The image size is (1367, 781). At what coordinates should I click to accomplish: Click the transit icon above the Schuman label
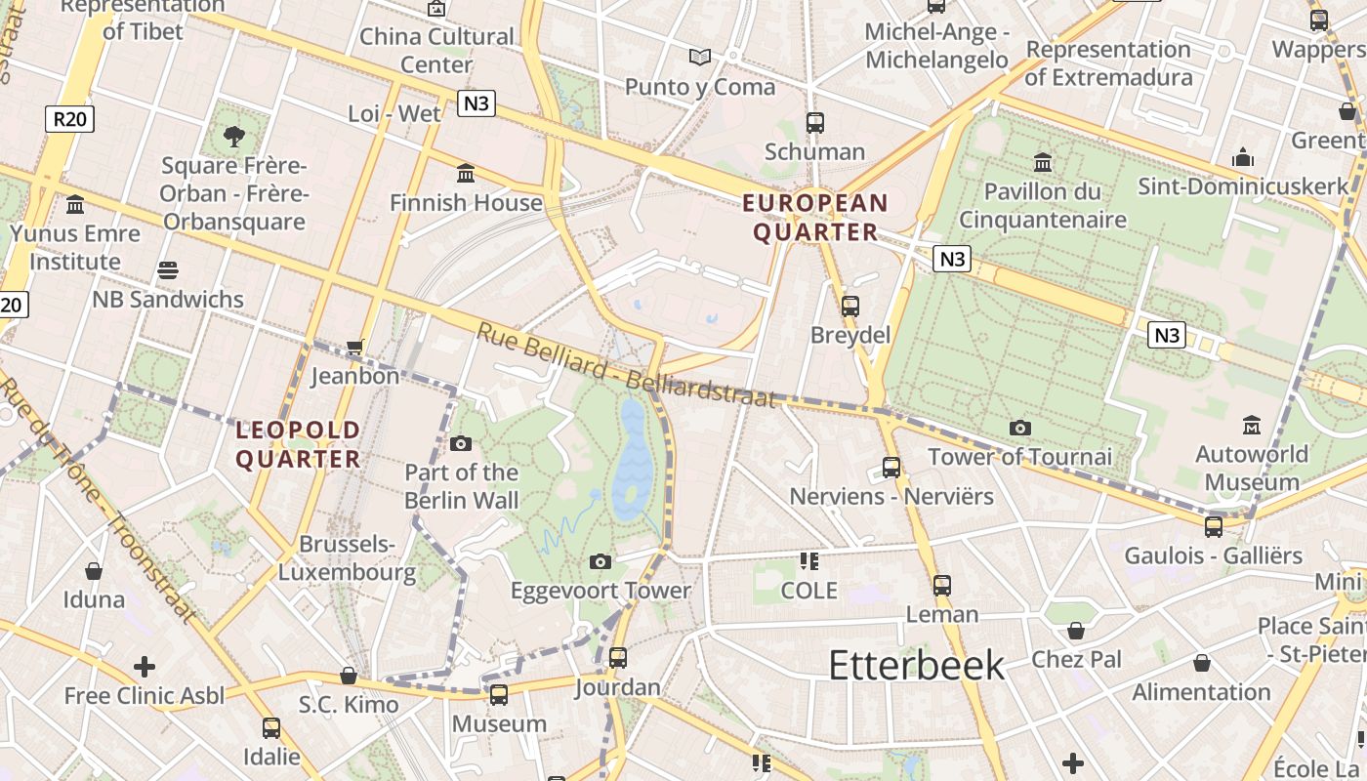click(x=815, y=123)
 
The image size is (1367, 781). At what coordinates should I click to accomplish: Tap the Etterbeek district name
click(x=916, y=665)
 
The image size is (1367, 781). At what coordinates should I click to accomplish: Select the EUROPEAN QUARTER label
click(x=815, y=218)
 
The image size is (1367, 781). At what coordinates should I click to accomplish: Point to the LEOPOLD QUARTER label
click(x=299, y=444)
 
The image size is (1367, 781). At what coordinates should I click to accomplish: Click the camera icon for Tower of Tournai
click(x=1020, y=428)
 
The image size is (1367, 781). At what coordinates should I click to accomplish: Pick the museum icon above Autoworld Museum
click(x=1252, y=425)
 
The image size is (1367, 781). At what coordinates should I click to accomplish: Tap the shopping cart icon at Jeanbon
click(x=355, y=347)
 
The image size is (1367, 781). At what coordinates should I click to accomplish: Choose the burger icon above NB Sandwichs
click(x=168, y=270)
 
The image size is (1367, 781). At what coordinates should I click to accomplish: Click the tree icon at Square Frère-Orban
click(x=234, y=136)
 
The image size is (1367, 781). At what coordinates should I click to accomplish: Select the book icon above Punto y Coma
click(x=700, y=58)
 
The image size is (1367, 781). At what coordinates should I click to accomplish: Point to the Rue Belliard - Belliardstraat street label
click(x=626, y=365)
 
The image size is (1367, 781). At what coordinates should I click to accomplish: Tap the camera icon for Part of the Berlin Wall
click(x=461, y=443)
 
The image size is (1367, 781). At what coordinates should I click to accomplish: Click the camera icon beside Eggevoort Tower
click(x=601, y=561)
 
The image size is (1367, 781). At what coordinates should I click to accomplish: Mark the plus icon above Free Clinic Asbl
click(x=145, y=667)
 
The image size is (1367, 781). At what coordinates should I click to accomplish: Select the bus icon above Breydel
click(x=850, y=306)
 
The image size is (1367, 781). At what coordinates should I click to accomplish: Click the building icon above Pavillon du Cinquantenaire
click(x=1043, y=162)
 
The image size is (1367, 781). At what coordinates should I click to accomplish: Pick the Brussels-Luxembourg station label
click(x=348, y=557)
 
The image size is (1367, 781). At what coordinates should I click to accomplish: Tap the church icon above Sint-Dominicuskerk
click(x=1243, y=156)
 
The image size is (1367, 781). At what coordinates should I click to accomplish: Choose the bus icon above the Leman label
click(x=942, y=586)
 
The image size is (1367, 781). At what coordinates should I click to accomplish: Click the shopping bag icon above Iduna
click(x=94, y=570)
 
